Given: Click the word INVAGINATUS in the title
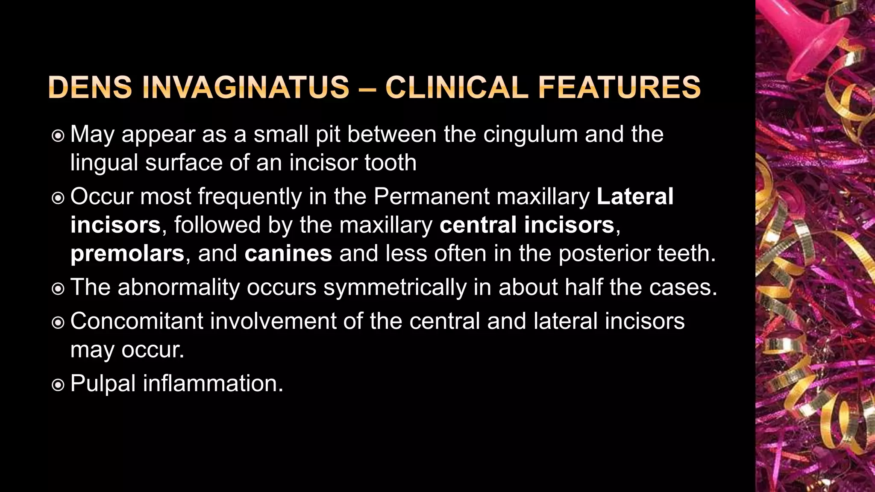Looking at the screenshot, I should (246, 88).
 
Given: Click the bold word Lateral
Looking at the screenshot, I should (635, 196).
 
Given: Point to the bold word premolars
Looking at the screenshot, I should (127, 254).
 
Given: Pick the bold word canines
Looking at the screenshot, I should (288, 254).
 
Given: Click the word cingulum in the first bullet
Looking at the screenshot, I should (530, 134).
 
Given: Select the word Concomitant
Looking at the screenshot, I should (137, 321).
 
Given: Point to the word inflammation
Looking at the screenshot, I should (213, 383).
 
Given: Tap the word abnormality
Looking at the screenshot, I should (179, 287).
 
